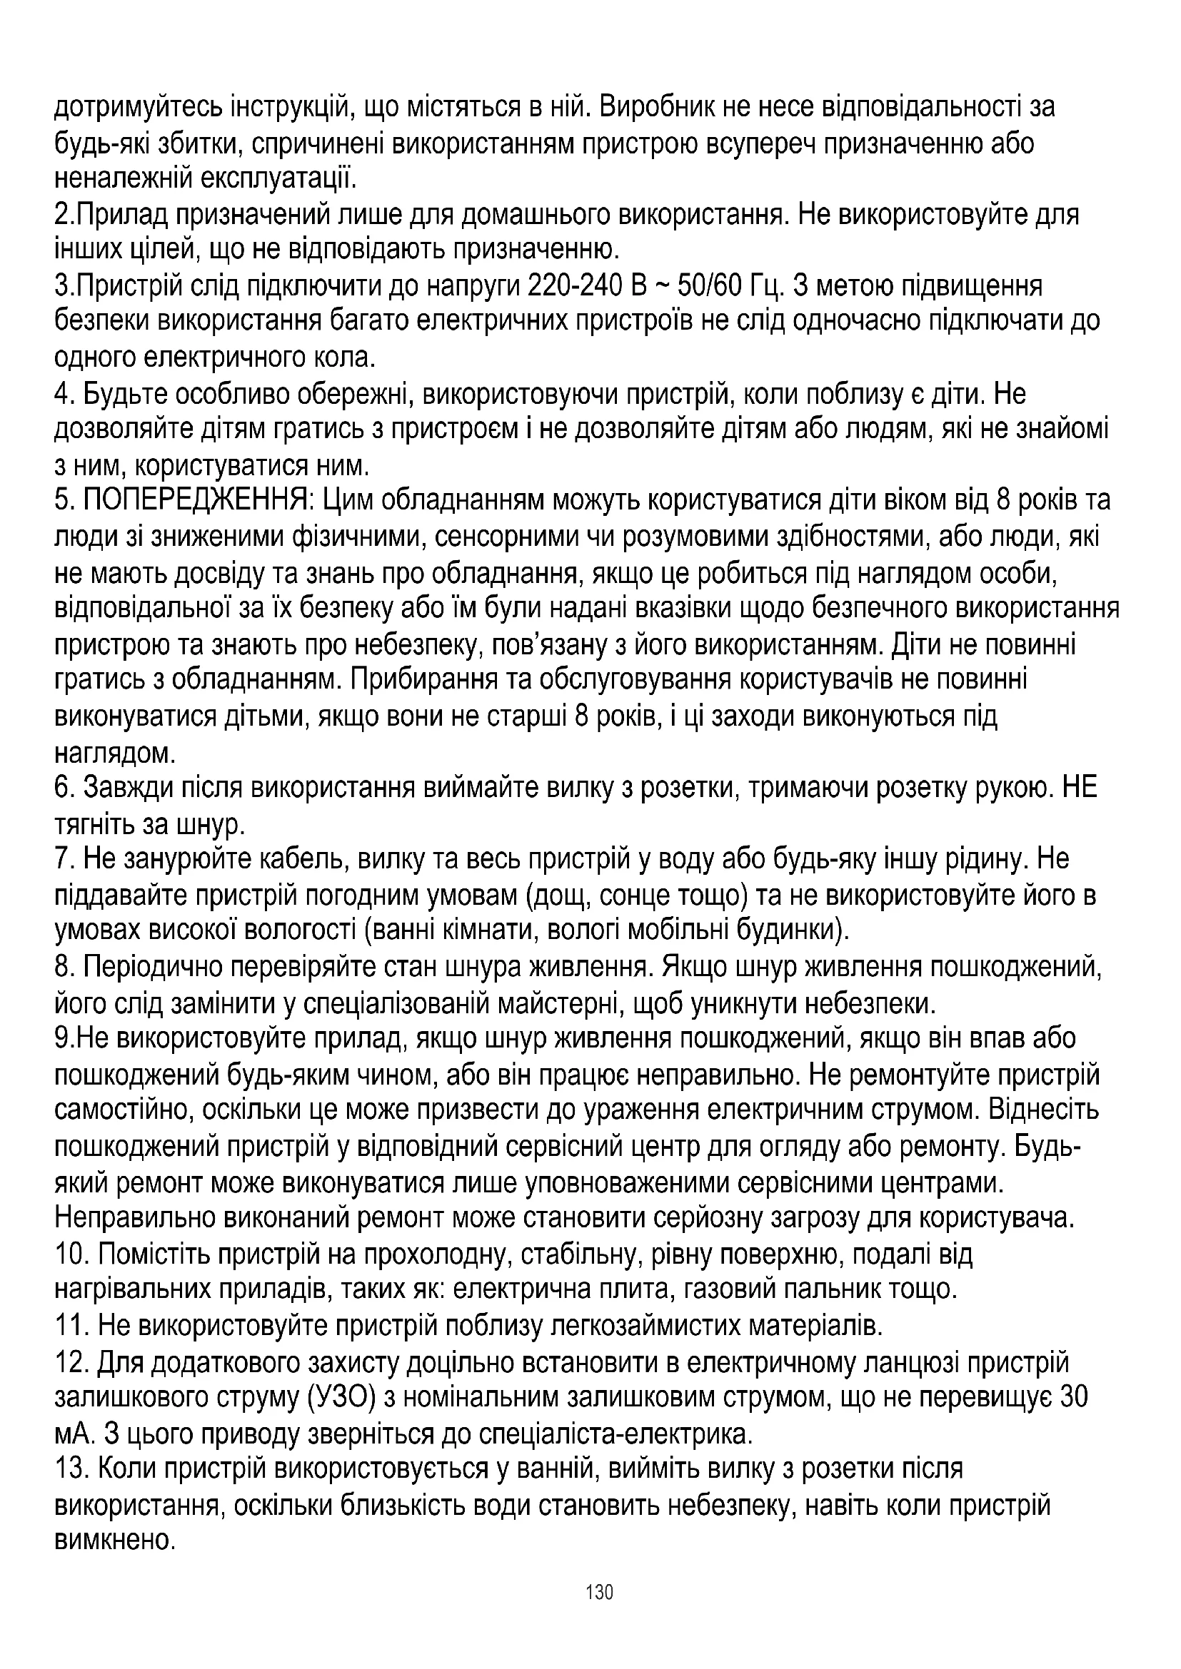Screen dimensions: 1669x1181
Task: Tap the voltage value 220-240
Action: pos(574,286)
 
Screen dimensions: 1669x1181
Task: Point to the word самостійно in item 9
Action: pos(122,1112)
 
